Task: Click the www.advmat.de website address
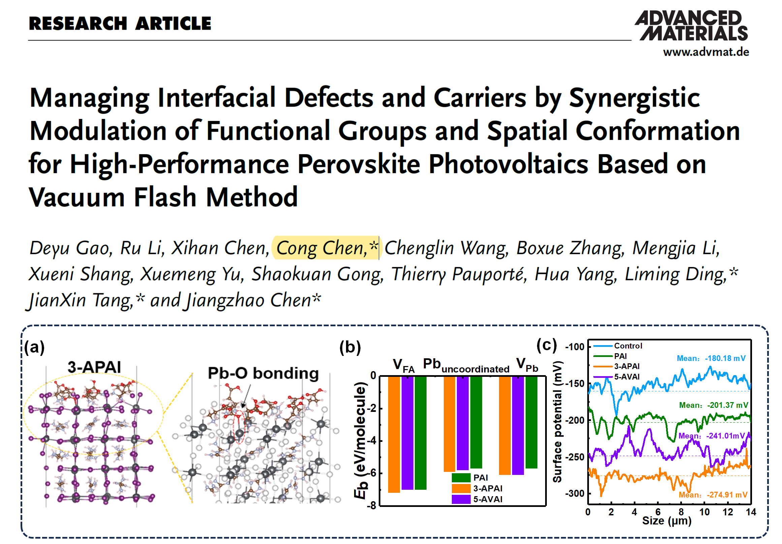(706, 52)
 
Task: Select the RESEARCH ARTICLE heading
(120, 24)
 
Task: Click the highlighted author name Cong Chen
(322, 248)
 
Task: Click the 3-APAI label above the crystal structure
(94, 367)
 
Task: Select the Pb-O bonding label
(263, 373)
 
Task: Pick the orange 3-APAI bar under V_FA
(394, 434)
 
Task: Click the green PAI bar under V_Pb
(531, 422)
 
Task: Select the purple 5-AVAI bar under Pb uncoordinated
(463, 423)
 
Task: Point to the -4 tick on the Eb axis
(373, 441)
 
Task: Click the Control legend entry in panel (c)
(628, 346)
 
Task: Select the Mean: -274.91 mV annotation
(713, 494)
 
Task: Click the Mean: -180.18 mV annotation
(711, 358)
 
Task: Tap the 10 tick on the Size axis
(704, 512)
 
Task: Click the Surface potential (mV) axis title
(557, 422)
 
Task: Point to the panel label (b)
(350, 347)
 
